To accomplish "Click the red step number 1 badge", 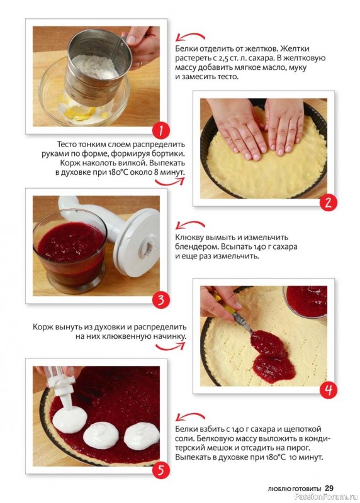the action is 161,131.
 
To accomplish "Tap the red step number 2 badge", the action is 328,202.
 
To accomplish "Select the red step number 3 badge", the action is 161,301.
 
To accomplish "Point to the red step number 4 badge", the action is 328,390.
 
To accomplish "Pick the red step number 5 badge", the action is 161,470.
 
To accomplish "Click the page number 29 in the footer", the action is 329,489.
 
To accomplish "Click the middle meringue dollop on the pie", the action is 101,436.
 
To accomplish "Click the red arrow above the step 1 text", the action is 190,37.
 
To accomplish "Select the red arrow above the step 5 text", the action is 190,417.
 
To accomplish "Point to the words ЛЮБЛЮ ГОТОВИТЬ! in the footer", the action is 294,489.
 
